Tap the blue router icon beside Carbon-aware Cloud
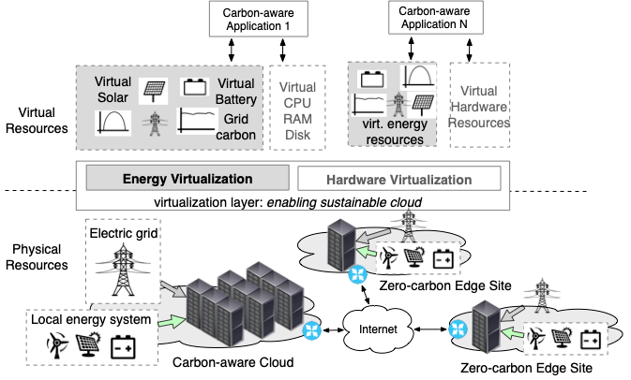pos(311,329)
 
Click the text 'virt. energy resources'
pos(390,133)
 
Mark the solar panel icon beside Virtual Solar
pos(155,91)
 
